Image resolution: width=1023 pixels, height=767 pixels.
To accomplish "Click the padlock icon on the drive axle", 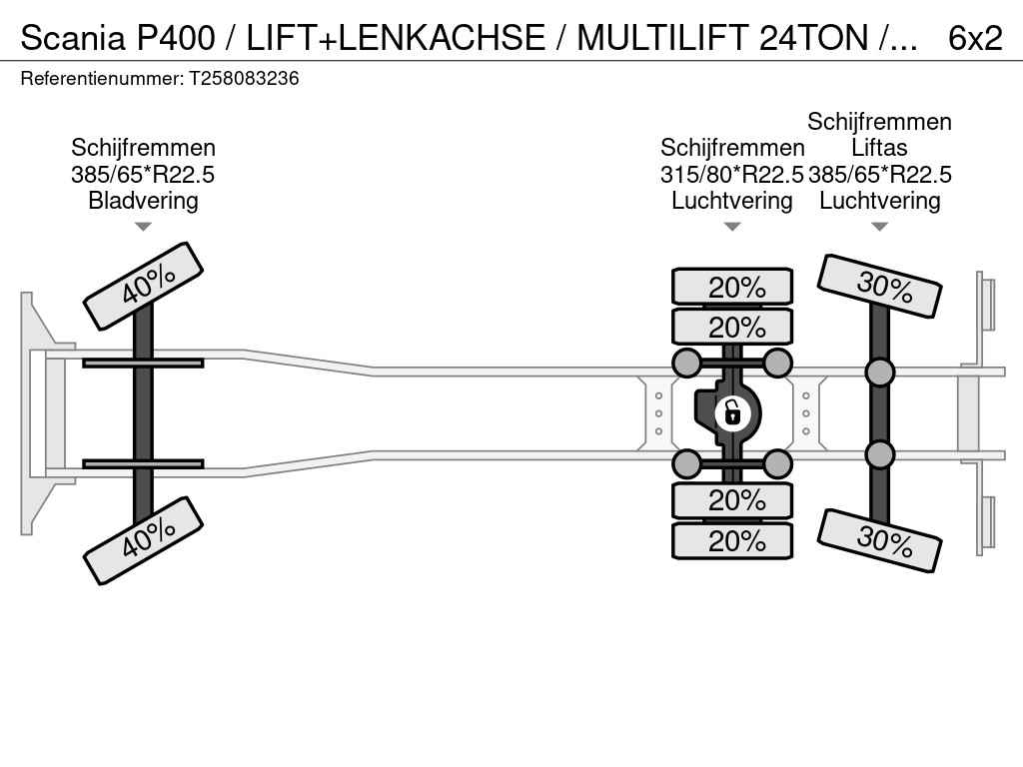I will [732, 411].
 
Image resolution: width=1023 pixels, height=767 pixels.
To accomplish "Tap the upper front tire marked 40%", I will [143, 286].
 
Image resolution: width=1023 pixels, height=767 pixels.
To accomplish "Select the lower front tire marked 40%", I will [143, 540].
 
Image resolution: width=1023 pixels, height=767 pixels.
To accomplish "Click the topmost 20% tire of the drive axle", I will [732, 287].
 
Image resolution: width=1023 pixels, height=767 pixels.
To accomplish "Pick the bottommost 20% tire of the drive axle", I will [732, 541].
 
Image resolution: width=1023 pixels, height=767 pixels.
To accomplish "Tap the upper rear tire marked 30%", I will [879, 286].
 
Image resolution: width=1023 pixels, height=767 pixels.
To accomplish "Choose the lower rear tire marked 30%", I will [879, 540].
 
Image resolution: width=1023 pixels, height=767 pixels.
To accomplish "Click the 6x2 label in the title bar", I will [975, 38].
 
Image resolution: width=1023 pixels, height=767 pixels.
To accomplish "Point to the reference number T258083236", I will [244, 78].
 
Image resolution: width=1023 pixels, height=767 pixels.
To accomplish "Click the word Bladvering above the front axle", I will [143, 200].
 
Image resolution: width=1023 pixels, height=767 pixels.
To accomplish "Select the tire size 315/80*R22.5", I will [731, 174].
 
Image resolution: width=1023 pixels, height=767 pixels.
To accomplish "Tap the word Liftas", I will [879, 148].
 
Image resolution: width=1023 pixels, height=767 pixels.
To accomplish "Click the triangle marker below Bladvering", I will [143, 227].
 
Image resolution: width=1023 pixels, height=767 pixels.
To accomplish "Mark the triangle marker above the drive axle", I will [732, 227].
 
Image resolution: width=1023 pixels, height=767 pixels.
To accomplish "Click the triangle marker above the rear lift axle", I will [879, 227].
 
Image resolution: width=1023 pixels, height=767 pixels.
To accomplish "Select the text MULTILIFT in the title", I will [663, 38].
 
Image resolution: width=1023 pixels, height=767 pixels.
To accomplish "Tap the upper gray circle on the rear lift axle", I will [879, 373].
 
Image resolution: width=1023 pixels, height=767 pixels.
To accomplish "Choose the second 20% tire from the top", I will [732, 327].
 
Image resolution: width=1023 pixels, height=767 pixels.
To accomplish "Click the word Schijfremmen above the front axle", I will [143, 148].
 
